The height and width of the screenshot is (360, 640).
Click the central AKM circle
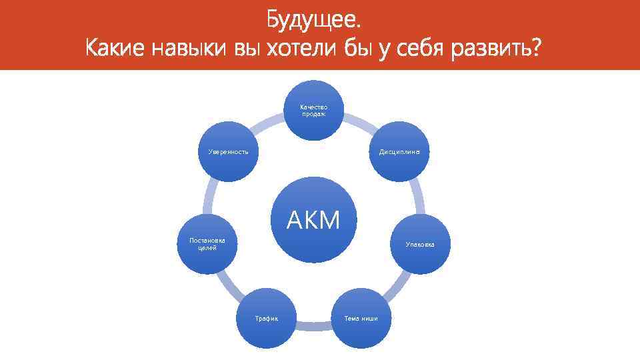click(313, 220)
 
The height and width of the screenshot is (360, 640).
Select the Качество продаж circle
click(313, 110)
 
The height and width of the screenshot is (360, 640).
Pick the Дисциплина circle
click(399, 152)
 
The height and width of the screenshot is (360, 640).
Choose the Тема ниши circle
click(361, 318)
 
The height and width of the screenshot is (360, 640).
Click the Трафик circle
click(266, 318)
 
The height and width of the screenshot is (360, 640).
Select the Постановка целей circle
click(207, 244)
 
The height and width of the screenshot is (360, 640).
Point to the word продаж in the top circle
click(313, 114)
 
